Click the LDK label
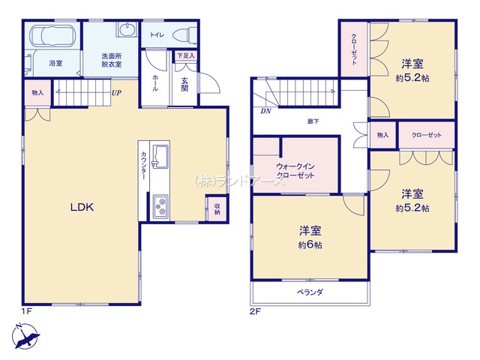[82, 207]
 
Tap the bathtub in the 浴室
[52, 36]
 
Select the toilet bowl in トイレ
[184, 34]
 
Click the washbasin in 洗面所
[127, 30]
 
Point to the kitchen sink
[160, 157]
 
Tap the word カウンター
[143, 166]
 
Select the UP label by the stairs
[116, 93]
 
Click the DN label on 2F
[265, 112]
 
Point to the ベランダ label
[310, 292]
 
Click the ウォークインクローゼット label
[295, 171]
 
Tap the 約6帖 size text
[310, 245]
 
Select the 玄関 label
[184, 85]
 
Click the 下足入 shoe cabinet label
[186, 55]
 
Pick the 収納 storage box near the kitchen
[217, 208]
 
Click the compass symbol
[25, 336]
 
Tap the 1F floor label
[27, 311]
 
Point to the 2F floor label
[255, 312]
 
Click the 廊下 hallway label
[313, 121]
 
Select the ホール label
[155, 83]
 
